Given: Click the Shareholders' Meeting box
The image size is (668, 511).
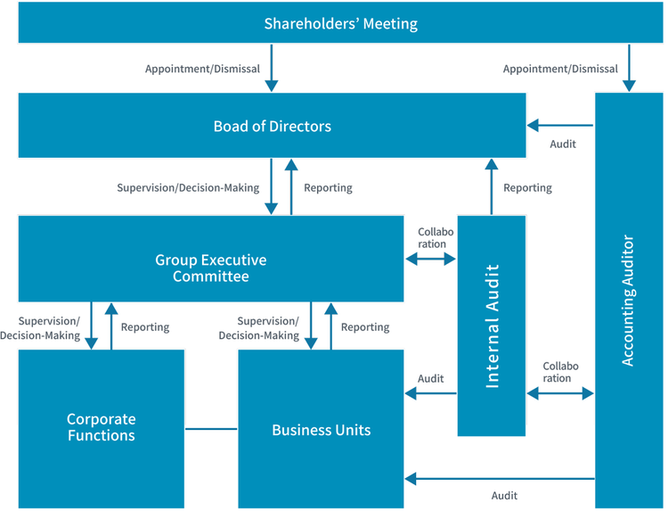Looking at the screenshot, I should click(340, 23).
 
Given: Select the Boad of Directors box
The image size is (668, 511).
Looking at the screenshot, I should click(272, 126).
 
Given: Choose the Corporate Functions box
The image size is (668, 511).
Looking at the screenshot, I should click(101, 428).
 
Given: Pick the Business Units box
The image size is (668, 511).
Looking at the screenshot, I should click(321, 429).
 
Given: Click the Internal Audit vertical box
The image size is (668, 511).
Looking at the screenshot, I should click(492, 326).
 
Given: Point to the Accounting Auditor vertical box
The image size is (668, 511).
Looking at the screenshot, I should click(629, 300).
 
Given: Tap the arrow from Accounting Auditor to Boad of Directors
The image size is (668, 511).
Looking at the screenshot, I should click(560, 124).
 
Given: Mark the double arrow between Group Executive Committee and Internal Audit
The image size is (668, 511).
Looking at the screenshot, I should click(430, 259).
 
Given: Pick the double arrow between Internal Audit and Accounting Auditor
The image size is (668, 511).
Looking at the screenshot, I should click(560, 393).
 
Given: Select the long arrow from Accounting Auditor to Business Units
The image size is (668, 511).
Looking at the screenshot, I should click(500, 479).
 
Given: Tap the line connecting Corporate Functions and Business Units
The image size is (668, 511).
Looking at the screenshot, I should click(211, 429).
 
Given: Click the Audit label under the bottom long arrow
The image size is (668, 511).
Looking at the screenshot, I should click(504, 496).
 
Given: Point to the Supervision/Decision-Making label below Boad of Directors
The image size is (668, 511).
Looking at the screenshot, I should click(188, 188).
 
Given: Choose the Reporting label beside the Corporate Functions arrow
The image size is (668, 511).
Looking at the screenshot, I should click(145, 327).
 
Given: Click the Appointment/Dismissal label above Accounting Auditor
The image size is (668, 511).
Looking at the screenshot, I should click(560, 69).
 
